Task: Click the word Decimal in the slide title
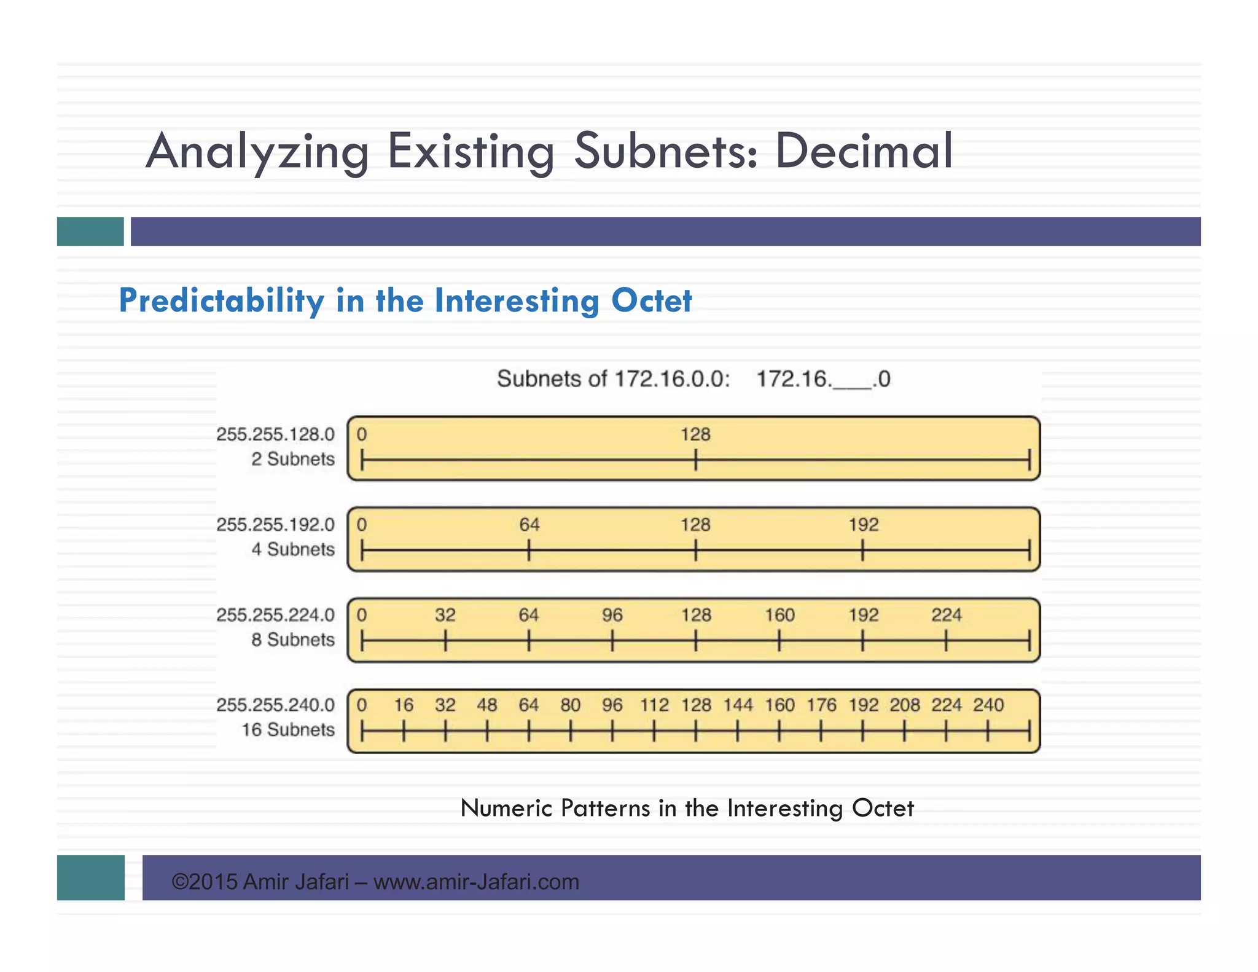(x=863, y=151)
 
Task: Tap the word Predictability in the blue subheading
(x=221, y=301)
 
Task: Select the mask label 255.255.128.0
(x=275, y=434)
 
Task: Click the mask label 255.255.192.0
(x=275, y=525)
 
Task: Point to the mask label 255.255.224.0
(x=275, y=615)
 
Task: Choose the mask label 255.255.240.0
(x=275, y=705)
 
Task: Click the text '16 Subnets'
(x=288, y=730)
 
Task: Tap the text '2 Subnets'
(x=293, y=459)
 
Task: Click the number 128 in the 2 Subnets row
(x=695, y=434)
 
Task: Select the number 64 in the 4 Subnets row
(x=529, y=525)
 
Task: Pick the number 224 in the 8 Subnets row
(x=946, y=615)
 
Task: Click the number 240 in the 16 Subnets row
(x=988, y=705)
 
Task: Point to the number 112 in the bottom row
(x=654, y=705)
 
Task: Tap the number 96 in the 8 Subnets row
(x=612, y=615)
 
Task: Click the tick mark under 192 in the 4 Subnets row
(x=862, y=550)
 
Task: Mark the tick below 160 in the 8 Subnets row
(x=779, y=641)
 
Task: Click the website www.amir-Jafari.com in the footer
(x=476, y=882)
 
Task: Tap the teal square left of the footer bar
(x=90, y=877)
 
